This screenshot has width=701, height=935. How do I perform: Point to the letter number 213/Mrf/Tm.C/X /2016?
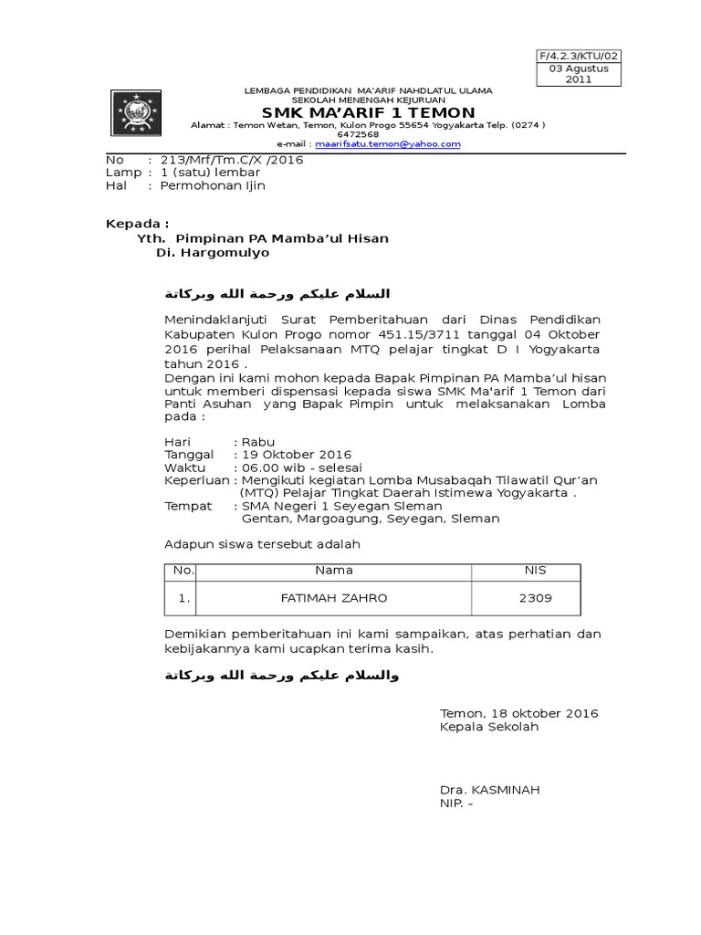(x=232, y=159)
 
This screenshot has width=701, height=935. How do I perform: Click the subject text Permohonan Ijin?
(x=212, y=185)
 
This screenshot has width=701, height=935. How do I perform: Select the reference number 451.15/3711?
(x=441, y=334)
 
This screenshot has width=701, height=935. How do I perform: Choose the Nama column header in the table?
(x=333, y=571)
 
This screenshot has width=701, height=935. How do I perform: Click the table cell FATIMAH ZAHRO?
(x=333, y=598)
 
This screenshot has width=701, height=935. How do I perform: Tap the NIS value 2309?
(x=534, y=598)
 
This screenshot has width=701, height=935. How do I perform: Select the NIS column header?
(x=534, y=571)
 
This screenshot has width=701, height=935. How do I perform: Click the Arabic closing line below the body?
(x=282, y=677)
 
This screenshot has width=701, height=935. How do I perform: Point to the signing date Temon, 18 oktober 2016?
(x=518, y=713)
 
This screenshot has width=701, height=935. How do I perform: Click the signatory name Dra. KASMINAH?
(x=488, y=789)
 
